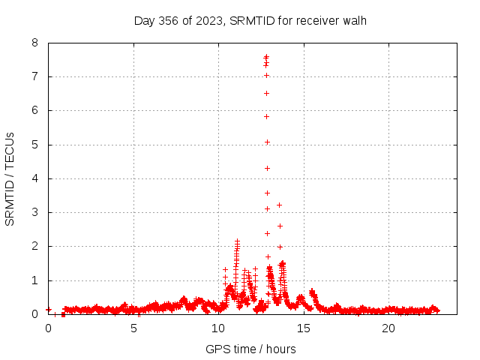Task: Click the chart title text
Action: pyautogui.click(x=250, y=20)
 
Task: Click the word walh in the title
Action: pyautogui.click(x=352, y=20)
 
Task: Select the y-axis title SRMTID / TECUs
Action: pyautogui.click(x=10, y=178)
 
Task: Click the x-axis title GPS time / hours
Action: pyautogui.click(x=250, y=349)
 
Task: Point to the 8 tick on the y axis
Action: pyautogui.click(x=35, y=43)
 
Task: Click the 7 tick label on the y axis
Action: pyautogui.click(x=35, y=76)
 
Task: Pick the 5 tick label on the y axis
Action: pyautogui.click(x=35, y=145)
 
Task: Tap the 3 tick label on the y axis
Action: pyautogui.click(x=35, y=212)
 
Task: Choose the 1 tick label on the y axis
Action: pyautogui.click(x=35, y=280)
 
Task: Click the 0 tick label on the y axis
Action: pyautogui.click(x=35, y=314)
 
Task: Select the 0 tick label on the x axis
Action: pyautogui.click(x=49, y=328)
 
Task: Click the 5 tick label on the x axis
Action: pyautogui.click(x=133, y=328)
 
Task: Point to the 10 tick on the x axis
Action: pyautogui.click(x=218, y=328)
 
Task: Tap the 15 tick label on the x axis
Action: pyautogui.click(x=304, y=328)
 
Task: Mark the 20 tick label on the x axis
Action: pyautogui.click(x=388, y=328)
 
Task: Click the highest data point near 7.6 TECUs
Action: pyautogui.click(x=266, y=56)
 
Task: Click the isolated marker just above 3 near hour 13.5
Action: pyautogui.click(x=279, y=205)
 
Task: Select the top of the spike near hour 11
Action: pyautogui.click(x=237, y=241)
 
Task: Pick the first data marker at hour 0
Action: pyautogui.click(x=49, y=309)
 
